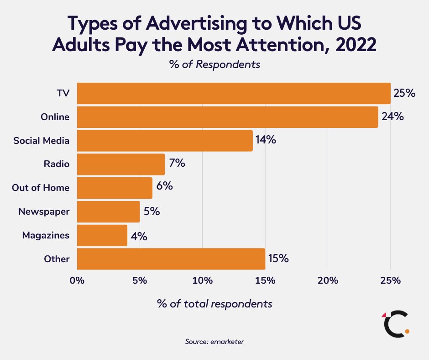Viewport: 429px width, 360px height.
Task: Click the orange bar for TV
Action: pos(234,93)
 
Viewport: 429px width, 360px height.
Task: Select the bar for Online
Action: pos(227,117)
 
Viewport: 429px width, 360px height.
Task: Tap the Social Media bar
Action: pos(165,140)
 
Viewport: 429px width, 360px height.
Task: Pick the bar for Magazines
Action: pos(102,235)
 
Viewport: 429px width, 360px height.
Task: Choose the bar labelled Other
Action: pos(171,259)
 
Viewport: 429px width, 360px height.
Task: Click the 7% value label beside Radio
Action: pos(177,163)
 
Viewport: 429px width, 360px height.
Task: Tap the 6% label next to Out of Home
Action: pos(164,187)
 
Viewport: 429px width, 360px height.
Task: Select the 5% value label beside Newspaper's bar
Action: pos(152,211)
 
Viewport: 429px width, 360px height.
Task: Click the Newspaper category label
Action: pos(44,212)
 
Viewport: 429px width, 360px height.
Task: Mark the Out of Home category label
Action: pos(41,188)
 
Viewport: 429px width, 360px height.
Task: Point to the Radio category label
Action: pos(57,164)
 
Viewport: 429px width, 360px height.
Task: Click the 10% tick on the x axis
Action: pos(202,280)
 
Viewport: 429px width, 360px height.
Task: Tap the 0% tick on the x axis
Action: pos(77,280)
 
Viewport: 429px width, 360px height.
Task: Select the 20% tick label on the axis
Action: pos(328,280)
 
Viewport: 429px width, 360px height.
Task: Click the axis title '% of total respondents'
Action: pos(214,303)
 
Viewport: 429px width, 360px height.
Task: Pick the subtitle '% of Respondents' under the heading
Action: pos(214,64)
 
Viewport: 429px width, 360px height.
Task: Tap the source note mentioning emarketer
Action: pos(214,341)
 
